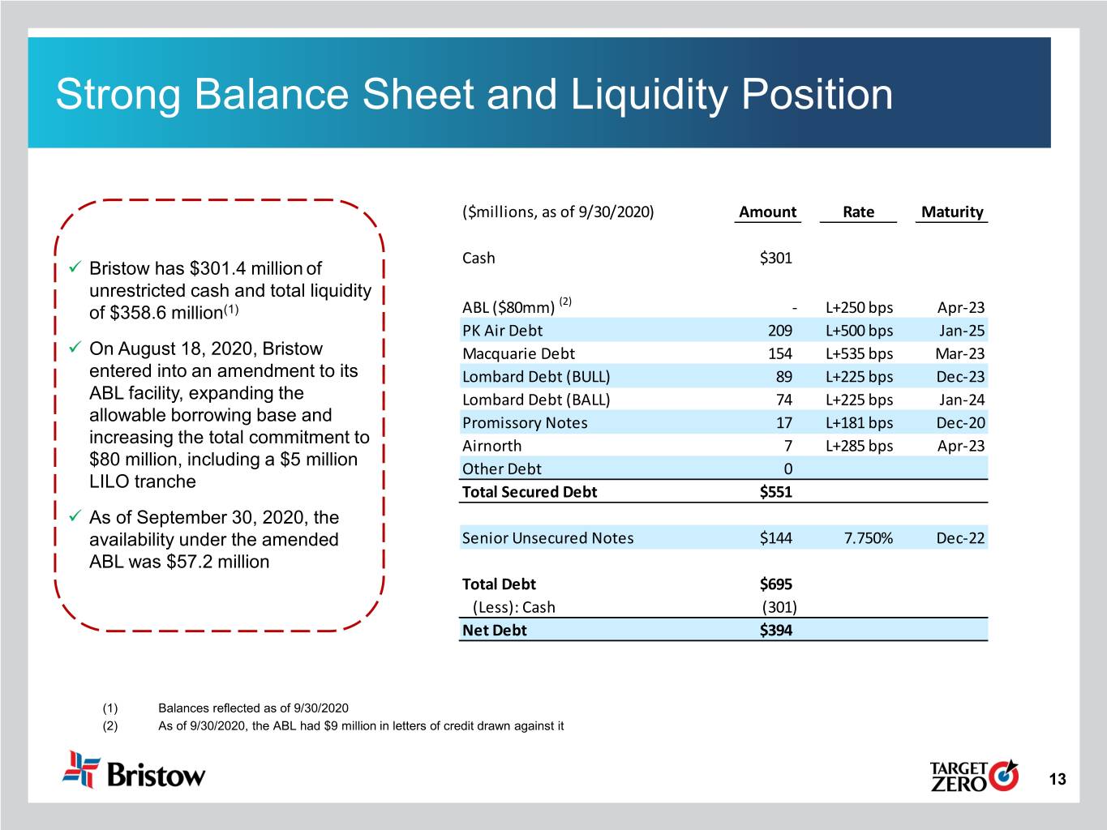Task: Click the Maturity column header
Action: [951, 212]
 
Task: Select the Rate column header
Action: [858, 212]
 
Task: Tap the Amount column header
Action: [767, 212]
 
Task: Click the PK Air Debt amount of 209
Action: [780, 331]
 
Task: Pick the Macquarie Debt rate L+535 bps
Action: [859, 353]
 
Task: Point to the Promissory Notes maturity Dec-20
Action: [960, 423]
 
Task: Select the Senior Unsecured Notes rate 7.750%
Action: [869, 538]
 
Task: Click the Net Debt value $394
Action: [776, 631]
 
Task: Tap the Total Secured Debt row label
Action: [530, 492]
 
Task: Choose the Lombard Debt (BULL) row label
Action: [536, 377]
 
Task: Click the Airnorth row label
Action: [492, 446]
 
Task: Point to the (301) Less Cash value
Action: [779, 607]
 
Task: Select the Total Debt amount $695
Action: [776, 584]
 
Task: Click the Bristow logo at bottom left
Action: [135, 771]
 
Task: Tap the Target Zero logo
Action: [973, 776]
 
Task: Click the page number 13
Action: [1058, 780]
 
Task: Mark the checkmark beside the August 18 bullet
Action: [74, 348]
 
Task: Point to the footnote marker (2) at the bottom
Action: [109, 726]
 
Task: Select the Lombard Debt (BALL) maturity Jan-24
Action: [961, 400]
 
